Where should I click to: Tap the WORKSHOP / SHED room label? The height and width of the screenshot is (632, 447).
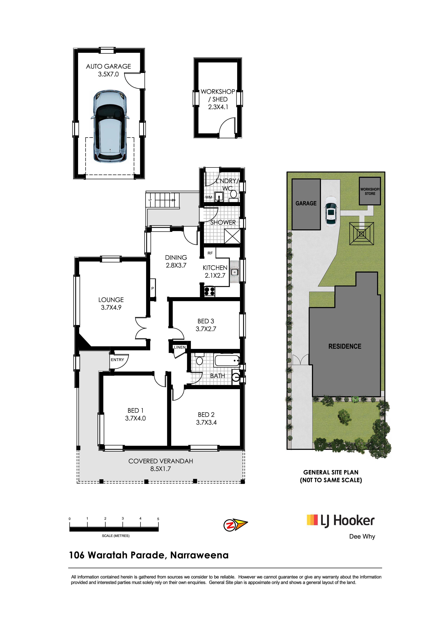(218, 99)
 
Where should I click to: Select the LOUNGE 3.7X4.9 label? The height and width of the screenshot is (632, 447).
(111, 303)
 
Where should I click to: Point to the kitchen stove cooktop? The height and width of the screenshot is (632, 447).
(209, 291)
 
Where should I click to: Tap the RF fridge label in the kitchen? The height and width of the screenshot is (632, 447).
(210, 253)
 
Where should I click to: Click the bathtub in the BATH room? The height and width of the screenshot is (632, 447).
(227, 361)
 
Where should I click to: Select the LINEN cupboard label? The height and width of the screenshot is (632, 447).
(180, 347)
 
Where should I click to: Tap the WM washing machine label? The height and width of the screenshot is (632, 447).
(208, 197)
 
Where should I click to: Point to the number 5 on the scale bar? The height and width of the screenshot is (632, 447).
(158, 519)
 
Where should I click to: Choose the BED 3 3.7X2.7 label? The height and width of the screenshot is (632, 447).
(206, 325)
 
